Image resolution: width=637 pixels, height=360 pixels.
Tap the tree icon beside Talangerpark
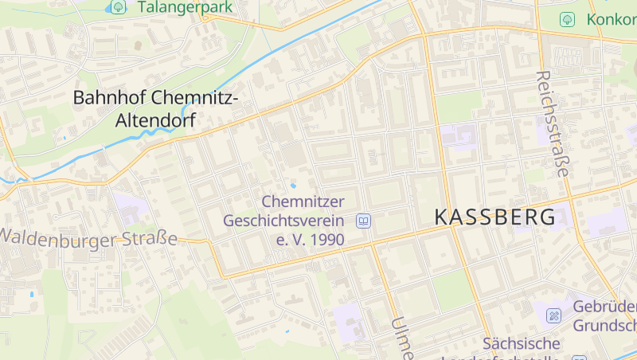pyautogui.click(x=119, y=7)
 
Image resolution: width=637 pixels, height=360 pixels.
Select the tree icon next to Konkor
pyautogui.click(x=567, y=19)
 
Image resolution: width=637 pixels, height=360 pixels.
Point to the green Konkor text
pyautogui.click(x=612, y=19)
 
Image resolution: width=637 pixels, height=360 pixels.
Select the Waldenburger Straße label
pyautogui.click(x=89, y=237)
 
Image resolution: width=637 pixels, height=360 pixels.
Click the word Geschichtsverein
pyautogui.click(x=283, y=221)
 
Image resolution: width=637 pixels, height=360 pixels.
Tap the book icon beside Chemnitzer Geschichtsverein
pyautogui.click(x=363, y=221)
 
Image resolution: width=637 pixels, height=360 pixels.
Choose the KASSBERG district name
pyautogui.click(x=495, y=217)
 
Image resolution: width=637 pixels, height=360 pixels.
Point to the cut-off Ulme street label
pyautogui.click(x=401, y=338)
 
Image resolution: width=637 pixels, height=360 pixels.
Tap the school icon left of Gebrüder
pyautogui.click(x=553, y=316)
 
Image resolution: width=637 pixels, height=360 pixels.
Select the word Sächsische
pyautogui.click(x=522, y=344)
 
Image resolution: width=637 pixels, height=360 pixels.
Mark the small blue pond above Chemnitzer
pyautogui.click(x=293, y=186)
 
